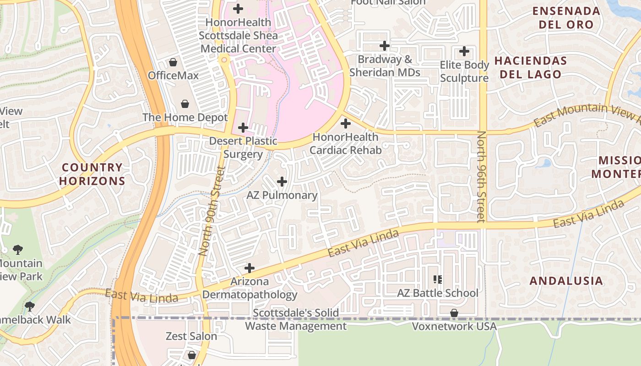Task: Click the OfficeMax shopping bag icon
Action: click(173, 62)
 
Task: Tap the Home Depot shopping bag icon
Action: click(185, 104)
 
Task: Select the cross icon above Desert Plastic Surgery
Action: click(243, 128)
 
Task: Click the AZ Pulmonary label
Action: click(282, 195)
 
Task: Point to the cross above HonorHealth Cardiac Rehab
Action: click(346, 124)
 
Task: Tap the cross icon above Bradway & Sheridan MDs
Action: click(385, 46)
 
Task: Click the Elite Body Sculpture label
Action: click(464, 72)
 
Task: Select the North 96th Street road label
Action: click(481, 177)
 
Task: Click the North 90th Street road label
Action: click(211, 210)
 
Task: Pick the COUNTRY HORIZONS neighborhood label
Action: click(92, 174)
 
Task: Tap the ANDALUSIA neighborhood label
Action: click(566, 281)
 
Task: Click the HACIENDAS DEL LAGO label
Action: click(531, 67)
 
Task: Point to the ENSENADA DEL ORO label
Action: click(566, 18)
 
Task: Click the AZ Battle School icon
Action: click(438, 279)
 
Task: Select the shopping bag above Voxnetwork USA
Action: click(454, 313)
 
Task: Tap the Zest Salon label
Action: click(191, 336)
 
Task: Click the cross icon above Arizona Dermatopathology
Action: click(250, 268)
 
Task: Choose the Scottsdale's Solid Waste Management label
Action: click(296, 319)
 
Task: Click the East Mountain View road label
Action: click(587, 114)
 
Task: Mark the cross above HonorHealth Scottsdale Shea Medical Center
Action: click(238, 8)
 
